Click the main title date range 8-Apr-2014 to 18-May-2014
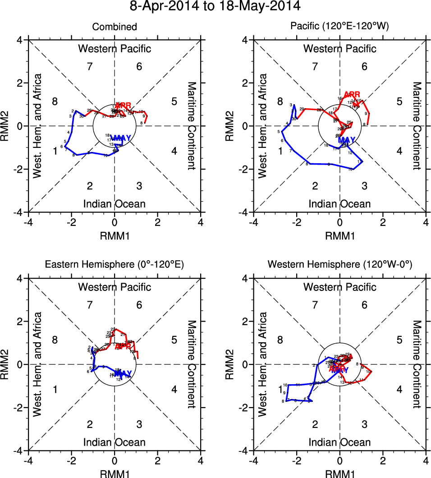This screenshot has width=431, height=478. [x=215, y=7]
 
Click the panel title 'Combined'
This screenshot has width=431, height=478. [x=115, y=27]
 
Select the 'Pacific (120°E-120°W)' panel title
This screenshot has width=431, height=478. [x=339, y=27]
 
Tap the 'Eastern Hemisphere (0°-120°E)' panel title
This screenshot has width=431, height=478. [x=115, y=265]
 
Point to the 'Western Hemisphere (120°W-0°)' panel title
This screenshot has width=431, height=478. [x=339, y=265]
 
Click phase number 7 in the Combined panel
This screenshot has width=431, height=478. [x=90, y=67]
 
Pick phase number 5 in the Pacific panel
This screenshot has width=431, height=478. [x=399, y=101]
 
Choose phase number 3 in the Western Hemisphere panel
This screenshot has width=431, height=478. [x=364, y=424]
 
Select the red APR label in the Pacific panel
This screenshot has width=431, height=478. [x=352, y=94]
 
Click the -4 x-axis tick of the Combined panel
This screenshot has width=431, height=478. [x=28, y=222]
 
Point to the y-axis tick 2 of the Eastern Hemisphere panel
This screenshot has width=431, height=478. [x=20, y=321]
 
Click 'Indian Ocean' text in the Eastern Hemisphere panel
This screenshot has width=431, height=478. [x=115, y=442]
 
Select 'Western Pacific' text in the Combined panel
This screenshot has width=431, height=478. [x=115, y=49]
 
